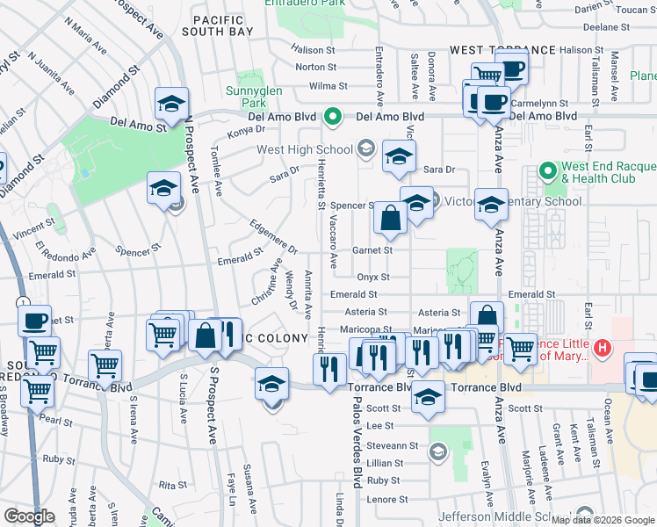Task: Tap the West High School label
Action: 306,149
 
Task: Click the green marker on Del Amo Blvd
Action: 333,116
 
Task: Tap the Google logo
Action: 29,516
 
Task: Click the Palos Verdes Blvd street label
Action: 357,448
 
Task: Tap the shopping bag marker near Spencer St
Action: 390,218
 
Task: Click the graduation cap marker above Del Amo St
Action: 172,104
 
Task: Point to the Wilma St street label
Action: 330,86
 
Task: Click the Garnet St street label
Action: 373,249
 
